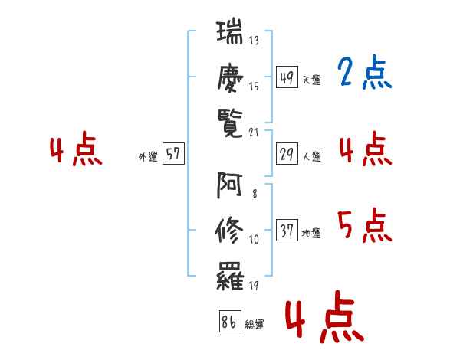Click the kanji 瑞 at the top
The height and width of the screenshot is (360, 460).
230,32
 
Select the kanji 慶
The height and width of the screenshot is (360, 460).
230,78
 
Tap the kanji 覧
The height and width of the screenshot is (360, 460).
230,124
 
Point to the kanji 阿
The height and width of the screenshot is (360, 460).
229,185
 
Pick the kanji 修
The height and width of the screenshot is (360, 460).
229,231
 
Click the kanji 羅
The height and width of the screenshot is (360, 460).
230,277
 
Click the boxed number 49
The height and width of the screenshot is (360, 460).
287,77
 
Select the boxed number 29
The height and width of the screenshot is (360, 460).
287,154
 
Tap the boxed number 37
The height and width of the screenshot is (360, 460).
287,230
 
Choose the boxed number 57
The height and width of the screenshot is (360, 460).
173,153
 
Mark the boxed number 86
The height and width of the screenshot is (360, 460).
230,321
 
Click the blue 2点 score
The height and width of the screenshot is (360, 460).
365,72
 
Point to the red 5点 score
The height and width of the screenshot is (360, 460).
365,225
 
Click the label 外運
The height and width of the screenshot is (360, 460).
148,157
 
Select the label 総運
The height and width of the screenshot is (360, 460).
255,325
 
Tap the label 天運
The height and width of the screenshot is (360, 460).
311,80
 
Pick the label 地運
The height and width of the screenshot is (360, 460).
311,234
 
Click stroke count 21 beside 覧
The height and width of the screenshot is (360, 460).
254,133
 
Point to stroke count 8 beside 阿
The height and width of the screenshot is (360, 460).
255,194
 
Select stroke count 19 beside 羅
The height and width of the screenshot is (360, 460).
254,286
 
